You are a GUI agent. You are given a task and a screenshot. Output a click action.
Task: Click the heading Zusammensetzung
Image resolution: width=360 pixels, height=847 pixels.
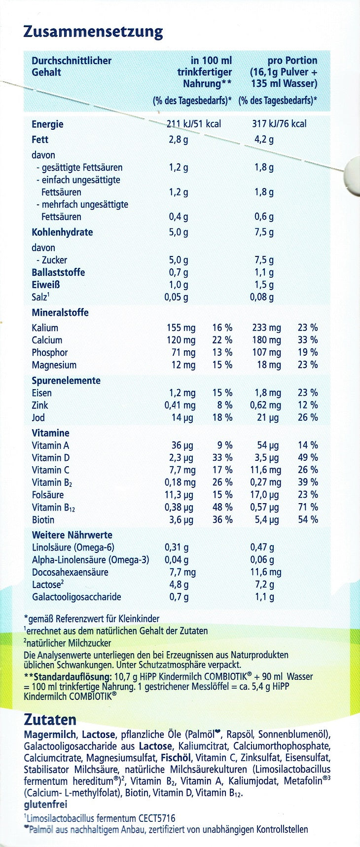[x=93, y=32]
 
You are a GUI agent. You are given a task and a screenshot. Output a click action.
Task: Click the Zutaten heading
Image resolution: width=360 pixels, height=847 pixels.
[x=50, y=719]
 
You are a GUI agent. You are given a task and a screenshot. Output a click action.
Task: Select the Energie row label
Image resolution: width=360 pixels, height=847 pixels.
[x=47, y=124]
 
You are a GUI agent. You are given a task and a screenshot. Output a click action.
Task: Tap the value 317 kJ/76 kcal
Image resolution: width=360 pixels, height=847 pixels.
[x=279, y=123]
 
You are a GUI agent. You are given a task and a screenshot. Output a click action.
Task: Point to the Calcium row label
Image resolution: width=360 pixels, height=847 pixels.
[x=47, y=340]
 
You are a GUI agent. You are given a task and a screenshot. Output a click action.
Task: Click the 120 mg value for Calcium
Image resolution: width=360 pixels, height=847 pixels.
[x=181, y=340]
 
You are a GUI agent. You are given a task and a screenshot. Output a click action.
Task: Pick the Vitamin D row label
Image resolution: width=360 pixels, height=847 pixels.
[x=51, y=458]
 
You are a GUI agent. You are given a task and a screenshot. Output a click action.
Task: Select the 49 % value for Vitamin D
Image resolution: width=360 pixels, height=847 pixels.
[x=308, y=458]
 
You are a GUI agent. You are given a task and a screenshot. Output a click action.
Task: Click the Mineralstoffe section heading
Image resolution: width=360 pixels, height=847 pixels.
[x=60, y=313]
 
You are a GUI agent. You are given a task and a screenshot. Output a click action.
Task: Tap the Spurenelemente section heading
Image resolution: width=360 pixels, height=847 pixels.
[x=66, y=381]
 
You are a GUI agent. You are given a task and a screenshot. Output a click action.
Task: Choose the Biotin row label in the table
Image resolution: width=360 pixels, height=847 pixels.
[x=43, y=520]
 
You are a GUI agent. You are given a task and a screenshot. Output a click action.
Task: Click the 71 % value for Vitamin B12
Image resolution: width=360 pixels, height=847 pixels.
[x=308, y=507]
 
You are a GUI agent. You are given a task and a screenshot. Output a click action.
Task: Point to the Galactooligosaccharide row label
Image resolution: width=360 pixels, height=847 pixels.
[x=76, y=597]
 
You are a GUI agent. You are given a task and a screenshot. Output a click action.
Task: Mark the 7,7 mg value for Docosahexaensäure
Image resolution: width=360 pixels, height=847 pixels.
[x=182, y=572]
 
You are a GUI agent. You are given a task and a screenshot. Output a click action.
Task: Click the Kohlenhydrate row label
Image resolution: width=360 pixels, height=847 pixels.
[x=62, y=232]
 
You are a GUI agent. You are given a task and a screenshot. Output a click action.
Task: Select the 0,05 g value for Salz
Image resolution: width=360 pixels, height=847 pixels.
[x=176, y=297]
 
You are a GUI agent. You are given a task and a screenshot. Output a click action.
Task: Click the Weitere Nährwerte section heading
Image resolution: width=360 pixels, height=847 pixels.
[x=72, y=535]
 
